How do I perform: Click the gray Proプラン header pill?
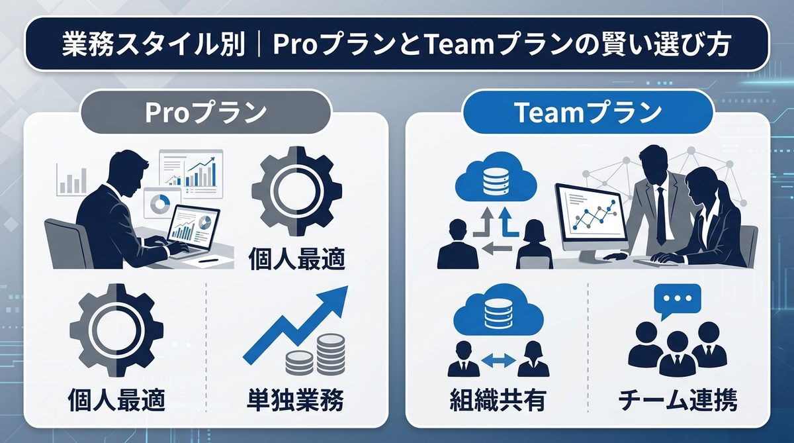pos(206,113)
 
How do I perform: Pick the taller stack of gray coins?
pos(330,354)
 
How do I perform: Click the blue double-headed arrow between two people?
pos(497,361)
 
